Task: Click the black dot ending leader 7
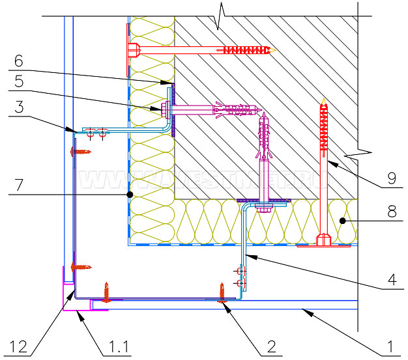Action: click(130, 194)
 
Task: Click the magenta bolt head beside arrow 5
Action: click(159, 109)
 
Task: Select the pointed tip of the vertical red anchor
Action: click(323, 99)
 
